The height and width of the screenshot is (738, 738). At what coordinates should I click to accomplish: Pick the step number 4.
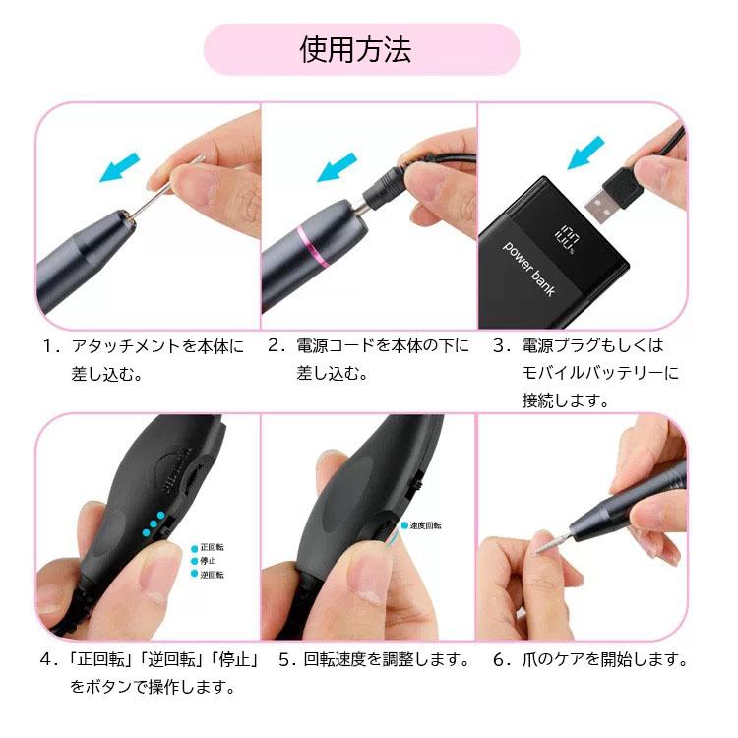tap(46, 659)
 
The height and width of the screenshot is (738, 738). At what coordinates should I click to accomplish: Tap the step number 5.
tap(286, 659)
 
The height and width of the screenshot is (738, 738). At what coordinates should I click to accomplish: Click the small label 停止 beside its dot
tap(208, 560)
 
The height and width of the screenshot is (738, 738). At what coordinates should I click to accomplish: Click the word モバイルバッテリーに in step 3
tap(600, 374)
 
